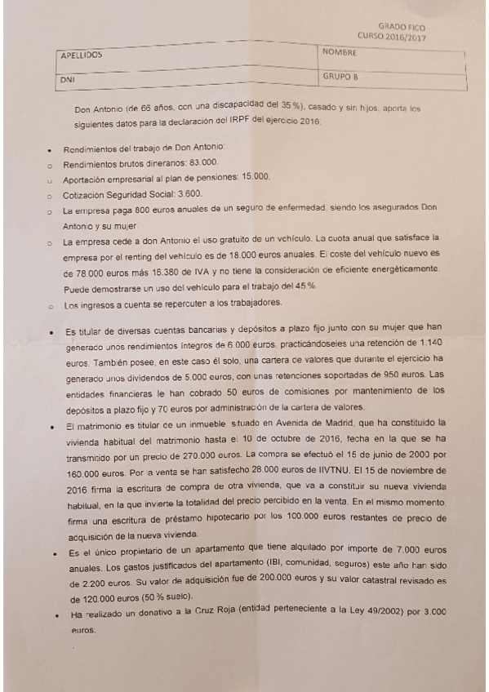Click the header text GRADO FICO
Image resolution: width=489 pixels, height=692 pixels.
[x=402, y=27]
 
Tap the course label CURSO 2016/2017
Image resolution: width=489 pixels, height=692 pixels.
[x=391, y=36]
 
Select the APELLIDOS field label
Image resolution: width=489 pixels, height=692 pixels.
[x=82, y=55]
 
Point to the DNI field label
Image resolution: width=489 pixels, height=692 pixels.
[x=68, y=81]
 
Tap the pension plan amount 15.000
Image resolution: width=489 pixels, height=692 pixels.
[x=256, y=178]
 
